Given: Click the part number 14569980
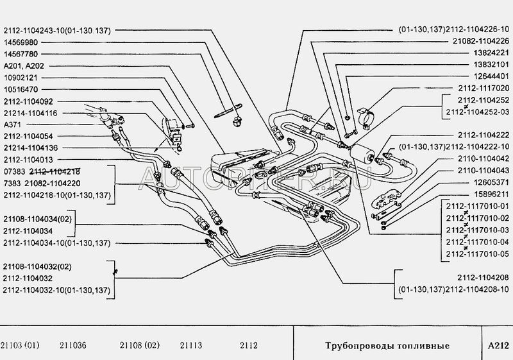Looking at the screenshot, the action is (x=21, y=42).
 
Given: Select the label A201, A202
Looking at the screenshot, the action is (x=24, y=66).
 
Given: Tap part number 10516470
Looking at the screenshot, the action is (x=21, y=89).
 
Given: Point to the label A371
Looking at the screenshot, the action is (x=12, y=124).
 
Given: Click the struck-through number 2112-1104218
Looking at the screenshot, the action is (x=55, y=171).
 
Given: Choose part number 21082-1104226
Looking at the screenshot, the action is (x=481, y=41).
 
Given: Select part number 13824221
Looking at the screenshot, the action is (x=491, y=53).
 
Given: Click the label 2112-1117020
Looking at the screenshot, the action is (x=484, y=88).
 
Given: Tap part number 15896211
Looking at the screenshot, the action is (x=491, y=194).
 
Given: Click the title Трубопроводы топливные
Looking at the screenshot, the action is (x=387, y=346).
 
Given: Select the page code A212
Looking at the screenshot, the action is (x=498, y=346).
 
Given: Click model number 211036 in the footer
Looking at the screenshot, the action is (x=73, y=345).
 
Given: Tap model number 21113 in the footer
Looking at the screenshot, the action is (x=190, y=345).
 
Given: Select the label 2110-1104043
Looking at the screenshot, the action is (x=484, y=171).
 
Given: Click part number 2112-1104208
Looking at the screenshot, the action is (x=484, y=278).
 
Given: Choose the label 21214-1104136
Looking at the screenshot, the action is (x=31, y=148).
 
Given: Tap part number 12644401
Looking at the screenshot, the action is (x=491, y=76).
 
